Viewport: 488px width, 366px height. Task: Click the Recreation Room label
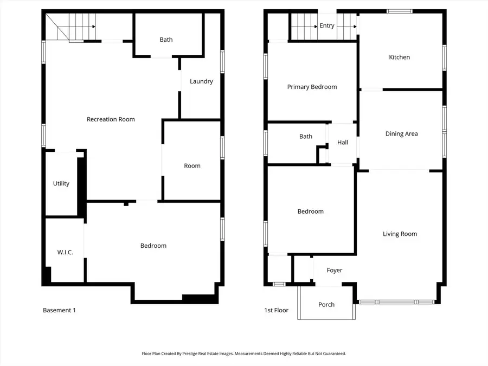tap(111, 119)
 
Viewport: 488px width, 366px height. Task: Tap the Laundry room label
tap(201, 81)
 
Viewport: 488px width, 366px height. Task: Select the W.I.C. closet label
tap(65, 252)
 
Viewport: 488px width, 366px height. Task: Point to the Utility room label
tap(61, 183)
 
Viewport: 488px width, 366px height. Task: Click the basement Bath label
tap(166, 40)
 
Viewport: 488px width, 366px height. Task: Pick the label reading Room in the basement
tap(192, 166)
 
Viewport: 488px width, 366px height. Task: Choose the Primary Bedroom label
tap(312, 87)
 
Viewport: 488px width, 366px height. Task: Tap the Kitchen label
tap(399, 57)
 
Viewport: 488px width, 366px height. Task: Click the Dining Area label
tap(401, 134)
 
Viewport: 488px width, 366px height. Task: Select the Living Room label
tap(400, 234)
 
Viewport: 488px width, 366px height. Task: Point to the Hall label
tap(343, 143)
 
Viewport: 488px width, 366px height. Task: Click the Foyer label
tap(335, 270)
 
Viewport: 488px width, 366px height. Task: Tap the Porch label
tap(326, 305)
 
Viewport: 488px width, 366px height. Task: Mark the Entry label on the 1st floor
tap(327, 25)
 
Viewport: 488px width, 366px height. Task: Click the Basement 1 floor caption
tap(59, 310)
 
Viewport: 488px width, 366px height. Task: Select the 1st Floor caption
tap(276, 310)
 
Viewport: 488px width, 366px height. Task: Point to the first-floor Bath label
tap(306, 136)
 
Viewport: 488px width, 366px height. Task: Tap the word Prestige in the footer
tap(206, 354)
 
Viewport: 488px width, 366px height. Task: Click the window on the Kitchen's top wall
tap(400, 11)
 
